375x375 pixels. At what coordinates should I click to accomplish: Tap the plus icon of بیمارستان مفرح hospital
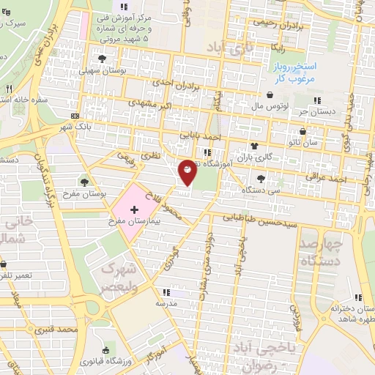coord(133,210)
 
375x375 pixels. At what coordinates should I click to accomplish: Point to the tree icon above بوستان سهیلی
coord(102,58)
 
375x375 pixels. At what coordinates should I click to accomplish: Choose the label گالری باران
coord(252,157)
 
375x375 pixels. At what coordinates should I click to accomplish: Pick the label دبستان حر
coord(315,112)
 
